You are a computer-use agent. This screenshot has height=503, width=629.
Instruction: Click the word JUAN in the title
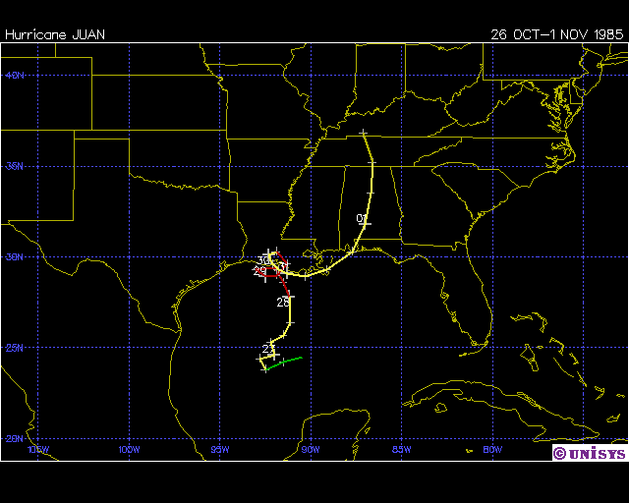[88, 34]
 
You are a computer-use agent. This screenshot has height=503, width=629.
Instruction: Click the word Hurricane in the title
[36, 34]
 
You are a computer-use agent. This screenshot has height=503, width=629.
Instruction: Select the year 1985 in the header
[602, 34]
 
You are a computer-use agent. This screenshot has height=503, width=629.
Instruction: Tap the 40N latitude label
[13, 75]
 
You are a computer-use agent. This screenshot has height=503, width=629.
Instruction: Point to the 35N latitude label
[13, 166]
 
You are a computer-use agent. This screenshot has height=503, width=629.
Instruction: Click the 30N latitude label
[13, 256]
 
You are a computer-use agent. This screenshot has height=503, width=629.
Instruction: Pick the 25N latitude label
[13, 348]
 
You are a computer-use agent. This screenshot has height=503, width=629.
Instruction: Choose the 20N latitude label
[13, 438]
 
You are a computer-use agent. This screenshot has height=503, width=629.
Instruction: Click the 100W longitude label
[129, 450]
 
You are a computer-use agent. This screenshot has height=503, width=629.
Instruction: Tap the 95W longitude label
[219, 450]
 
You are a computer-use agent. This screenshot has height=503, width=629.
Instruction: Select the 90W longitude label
[311, 450]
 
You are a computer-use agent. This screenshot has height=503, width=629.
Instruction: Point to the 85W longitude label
[401, 450]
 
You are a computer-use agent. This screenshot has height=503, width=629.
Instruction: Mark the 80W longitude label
[492, 450]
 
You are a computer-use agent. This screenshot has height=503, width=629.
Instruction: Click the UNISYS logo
[589, 453]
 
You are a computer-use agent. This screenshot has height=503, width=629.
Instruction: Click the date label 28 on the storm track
[283, 302]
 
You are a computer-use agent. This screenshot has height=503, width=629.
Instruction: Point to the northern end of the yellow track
[364, 133]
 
